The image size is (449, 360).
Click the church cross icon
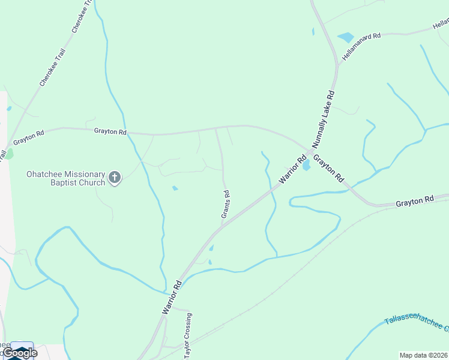click(x=115, y=177)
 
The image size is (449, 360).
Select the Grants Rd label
click(x=226, y=204)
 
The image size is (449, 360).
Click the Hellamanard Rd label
click(x=361, y=46)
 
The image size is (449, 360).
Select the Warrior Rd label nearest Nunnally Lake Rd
click(x=292, y=171)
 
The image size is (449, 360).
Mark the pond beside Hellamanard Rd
click(x=346, y=37)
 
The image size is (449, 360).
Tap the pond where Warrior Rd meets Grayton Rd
click(x=306, y=164)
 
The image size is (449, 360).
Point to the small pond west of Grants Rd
click(x=175, y=188)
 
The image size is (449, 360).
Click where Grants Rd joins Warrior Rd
click(x=223, y=226)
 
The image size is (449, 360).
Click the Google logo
click(x=20, y=353)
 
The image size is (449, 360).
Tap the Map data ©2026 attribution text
click(x=423, y=355)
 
